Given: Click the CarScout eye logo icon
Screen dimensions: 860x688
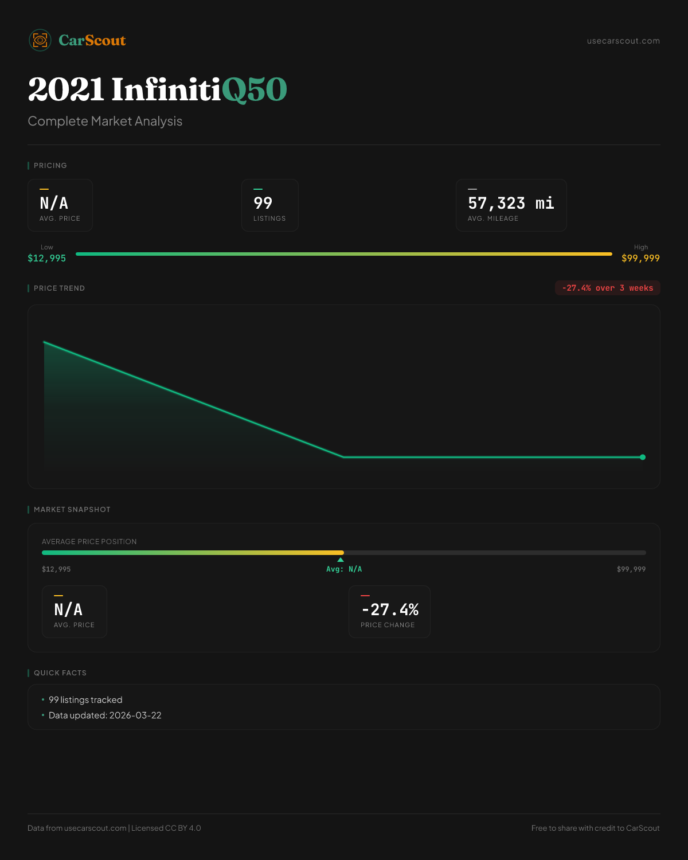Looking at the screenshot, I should pos(40,40).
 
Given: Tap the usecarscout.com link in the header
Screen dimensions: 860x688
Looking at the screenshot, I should pos(623,41).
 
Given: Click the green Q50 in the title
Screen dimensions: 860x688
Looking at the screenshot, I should pos(254,90).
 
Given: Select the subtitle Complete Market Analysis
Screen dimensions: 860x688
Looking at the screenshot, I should pos(105,122).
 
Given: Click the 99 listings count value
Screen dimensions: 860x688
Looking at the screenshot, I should pos(263,203).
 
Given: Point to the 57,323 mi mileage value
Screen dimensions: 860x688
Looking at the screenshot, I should pos(511,204).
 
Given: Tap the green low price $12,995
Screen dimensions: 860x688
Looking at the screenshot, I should pos(47,258).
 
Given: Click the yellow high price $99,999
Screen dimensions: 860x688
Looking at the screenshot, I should pos(640,258).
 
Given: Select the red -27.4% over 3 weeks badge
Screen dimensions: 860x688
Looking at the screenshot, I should pos(607,288).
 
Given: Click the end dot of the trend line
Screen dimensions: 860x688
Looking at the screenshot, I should pos(643,457).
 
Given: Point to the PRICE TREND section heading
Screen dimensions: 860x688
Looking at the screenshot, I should pos(59,288).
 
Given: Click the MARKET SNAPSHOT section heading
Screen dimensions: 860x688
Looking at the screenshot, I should pos(72,510).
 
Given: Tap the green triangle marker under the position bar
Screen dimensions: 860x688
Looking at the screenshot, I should pos(341,560).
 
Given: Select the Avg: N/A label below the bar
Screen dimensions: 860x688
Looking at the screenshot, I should pos(344,569).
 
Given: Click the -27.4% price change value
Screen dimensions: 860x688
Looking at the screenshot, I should pos(390,609).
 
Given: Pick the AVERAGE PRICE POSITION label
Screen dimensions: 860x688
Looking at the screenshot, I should pos(89,542).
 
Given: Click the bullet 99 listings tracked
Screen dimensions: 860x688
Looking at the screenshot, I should pos(85,700).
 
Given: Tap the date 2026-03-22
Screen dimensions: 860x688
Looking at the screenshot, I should pos(135,716).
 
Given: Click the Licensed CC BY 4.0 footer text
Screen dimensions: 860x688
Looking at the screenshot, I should pos(166,828).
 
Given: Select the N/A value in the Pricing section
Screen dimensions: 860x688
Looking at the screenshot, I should pos(54,203).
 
